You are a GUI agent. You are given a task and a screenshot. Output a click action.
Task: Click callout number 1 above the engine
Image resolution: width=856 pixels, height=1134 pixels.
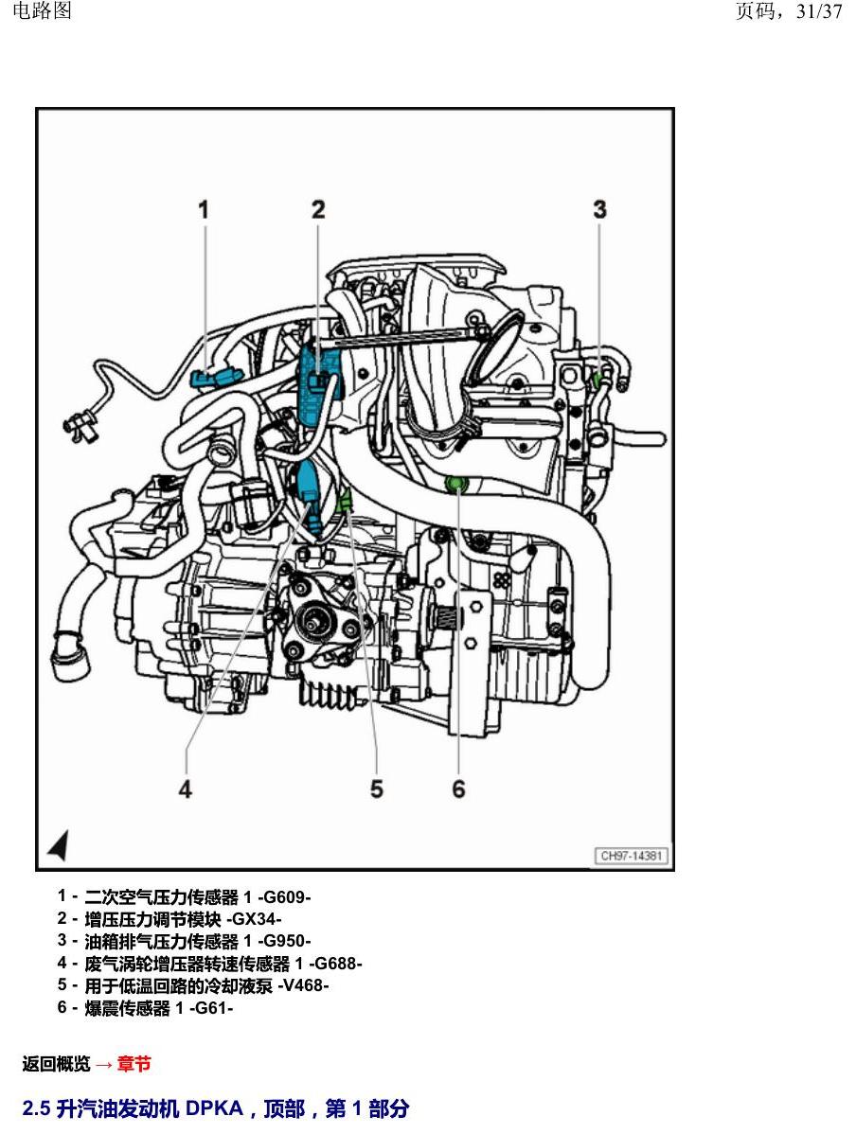(204, 210)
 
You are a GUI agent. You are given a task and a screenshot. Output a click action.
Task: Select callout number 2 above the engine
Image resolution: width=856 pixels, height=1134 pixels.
(318, 210)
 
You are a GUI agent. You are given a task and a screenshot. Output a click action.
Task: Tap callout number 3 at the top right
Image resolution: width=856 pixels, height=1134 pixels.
(599, 210)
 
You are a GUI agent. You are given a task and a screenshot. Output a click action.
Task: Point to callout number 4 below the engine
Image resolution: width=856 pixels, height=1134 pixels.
(186, 789)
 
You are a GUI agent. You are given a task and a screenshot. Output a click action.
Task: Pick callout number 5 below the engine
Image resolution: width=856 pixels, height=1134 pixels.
(377, 789)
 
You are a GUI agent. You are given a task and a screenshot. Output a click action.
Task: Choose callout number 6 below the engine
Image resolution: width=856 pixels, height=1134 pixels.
(458, 789)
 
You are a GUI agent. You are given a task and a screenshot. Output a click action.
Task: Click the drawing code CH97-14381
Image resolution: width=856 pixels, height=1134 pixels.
(632, 856)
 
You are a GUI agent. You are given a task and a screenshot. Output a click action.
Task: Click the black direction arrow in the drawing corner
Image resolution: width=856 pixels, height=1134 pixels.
(60, 844)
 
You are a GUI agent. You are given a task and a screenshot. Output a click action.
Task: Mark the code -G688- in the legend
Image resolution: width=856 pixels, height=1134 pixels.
(335, 964)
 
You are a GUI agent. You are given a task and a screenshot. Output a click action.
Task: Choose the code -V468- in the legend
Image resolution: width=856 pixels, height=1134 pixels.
(303, 985)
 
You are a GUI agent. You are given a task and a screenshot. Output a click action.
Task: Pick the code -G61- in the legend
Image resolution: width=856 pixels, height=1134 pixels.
(211, 1007)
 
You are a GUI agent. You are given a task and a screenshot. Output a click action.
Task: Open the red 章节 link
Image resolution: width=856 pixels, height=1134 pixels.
(134, 1064)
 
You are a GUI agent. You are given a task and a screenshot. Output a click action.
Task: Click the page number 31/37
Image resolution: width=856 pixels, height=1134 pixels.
(819, 11)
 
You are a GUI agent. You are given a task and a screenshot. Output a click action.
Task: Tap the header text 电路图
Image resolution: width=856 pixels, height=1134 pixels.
(42, 10)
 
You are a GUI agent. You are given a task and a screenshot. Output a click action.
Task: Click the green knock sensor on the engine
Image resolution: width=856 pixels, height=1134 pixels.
(455, 483)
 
